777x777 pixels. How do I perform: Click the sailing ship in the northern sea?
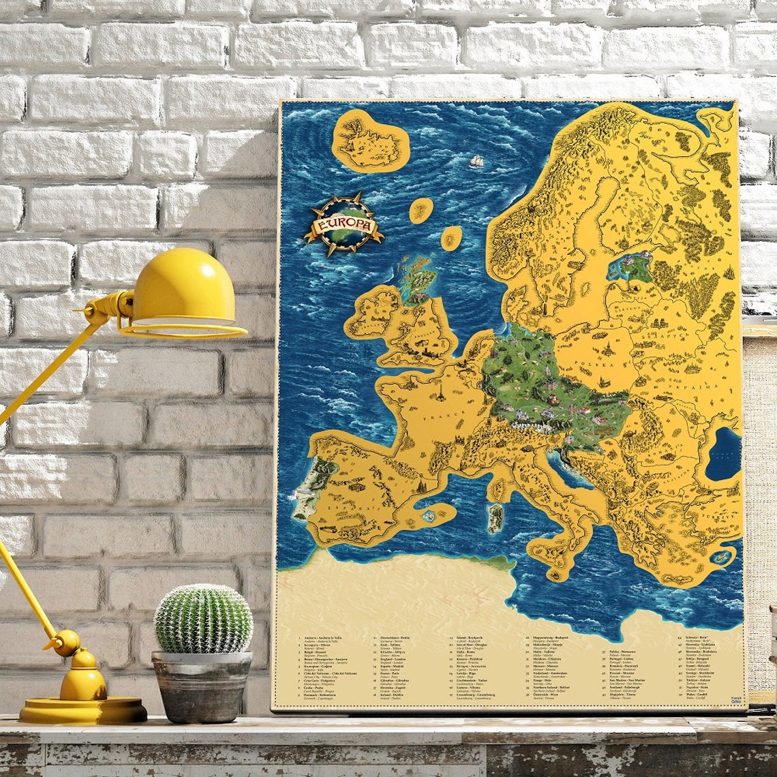[x=476, y=161]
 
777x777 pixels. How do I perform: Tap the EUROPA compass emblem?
[x=343, y=224]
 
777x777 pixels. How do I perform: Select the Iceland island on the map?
[x=370, y=140]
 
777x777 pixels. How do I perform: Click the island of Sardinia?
[x=496, y=517]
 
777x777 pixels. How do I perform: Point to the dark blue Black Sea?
[x=723, y=453]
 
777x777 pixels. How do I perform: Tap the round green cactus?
[x=203, y=619]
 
